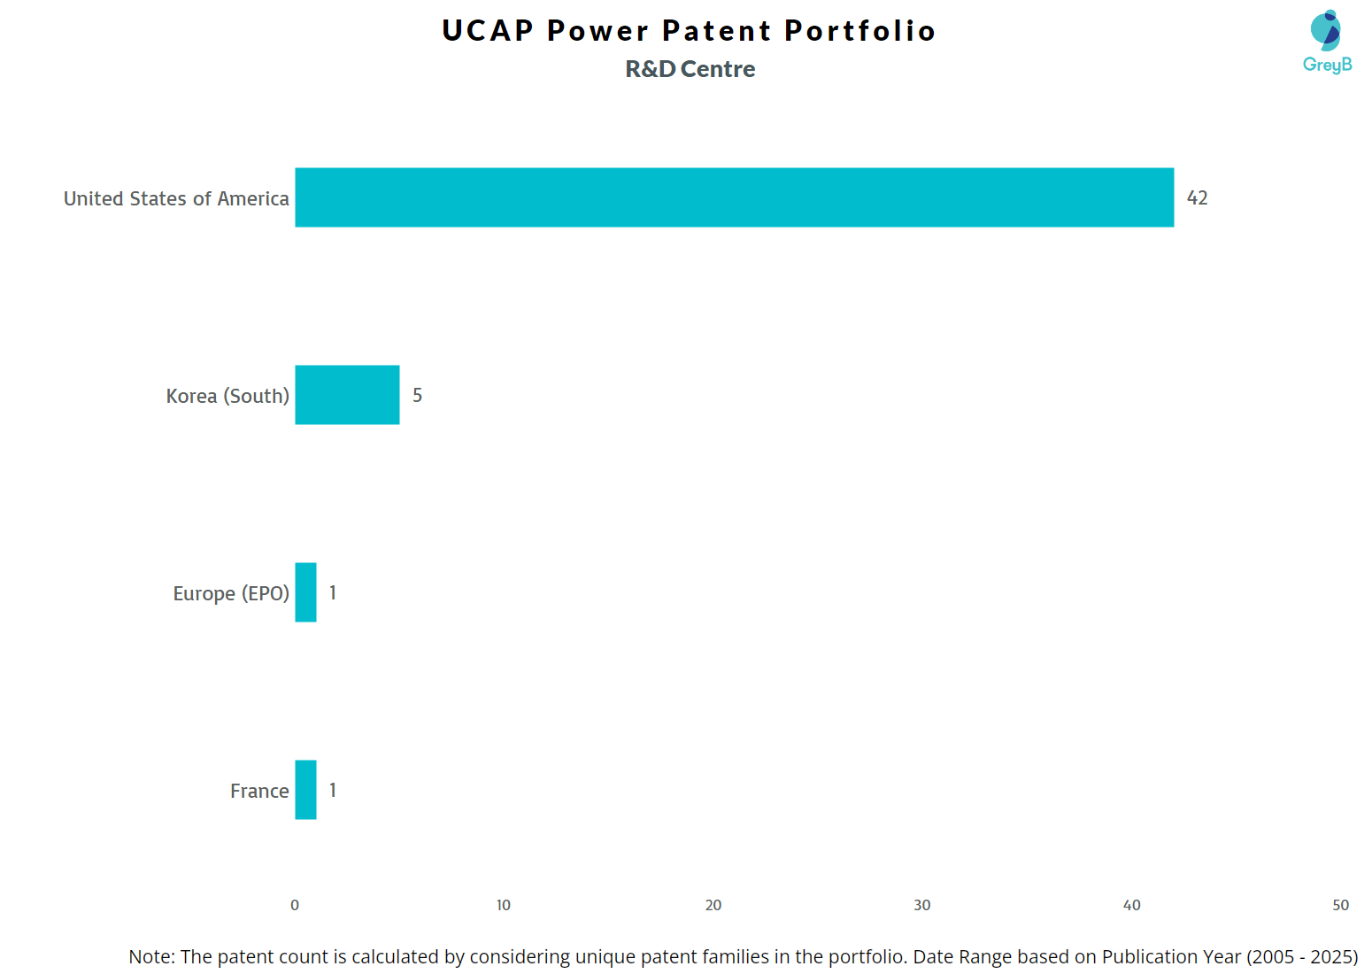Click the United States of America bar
pos(734,197)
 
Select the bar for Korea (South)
pos(347,395)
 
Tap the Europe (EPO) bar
pos(305,592)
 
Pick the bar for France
pos(305,790)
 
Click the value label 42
pos(1197,198)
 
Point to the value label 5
pos(417,396)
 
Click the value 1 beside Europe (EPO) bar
pos(333,593)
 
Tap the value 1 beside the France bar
pos(333,791)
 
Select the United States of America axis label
pos(176,198)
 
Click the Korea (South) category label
pos(227,396)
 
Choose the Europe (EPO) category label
pos(231,593)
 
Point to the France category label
pos(259,791)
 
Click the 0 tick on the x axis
pos(295,905)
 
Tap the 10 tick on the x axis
pos(504,905)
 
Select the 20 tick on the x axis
pos(713,905)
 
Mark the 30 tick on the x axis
pos(922,905)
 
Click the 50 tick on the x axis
pos(1340,905)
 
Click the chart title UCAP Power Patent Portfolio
pos(689,31)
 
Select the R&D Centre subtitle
pos(690,69)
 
